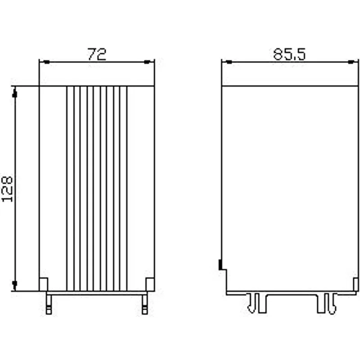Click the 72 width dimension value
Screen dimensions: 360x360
coord(97,54)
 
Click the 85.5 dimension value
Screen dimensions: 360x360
coord(289,54)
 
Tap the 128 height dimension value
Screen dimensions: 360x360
coord(7,189)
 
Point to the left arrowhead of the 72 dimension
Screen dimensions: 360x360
coord(46,62)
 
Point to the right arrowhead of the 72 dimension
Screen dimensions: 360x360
coord(147,62)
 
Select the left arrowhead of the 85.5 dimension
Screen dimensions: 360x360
coord(229,62)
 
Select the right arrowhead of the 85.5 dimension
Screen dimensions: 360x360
coord(351,62)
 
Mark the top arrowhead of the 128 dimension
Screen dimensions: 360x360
coord(15,94)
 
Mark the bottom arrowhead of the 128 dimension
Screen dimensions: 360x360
coord(15,284)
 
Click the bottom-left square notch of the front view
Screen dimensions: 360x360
coord(44,284)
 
